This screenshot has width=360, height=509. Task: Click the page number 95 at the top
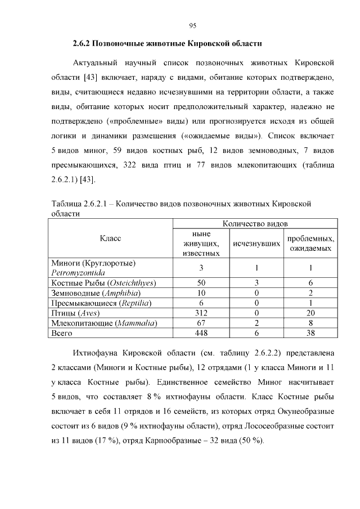click(x=192, y=25)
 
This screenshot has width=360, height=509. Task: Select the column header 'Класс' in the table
click(x=110, y=238)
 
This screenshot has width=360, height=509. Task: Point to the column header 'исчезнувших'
click(x=257, y=244)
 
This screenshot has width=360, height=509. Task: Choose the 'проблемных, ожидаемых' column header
click(x=310, y=244)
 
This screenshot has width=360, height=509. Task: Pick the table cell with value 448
click(x=201, y=333)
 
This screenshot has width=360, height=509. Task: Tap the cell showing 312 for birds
click(x=201, y=313)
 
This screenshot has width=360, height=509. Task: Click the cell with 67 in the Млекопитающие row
click(x=201, y=323)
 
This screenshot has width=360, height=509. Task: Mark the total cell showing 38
click(x=310, y=333)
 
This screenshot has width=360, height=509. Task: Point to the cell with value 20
click(x=310, y=313)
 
